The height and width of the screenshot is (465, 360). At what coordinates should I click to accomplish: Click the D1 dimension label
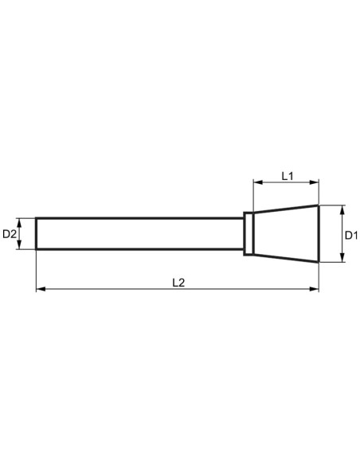pos(351,235)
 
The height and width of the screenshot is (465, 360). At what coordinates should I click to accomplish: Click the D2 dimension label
pos(10,234)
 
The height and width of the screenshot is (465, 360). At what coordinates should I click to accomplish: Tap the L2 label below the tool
pos(178,282)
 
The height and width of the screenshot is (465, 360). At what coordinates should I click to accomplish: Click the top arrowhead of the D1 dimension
pos(341,209)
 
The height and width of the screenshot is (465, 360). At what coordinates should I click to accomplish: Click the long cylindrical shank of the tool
pos(139,234)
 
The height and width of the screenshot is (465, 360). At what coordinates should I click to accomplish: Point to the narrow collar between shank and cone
pos(249,234)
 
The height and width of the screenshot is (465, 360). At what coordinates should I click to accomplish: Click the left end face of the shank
pos(37,234)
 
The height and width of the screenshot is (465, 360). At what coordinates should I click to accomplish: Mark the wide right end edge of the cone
pos(319,233)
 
